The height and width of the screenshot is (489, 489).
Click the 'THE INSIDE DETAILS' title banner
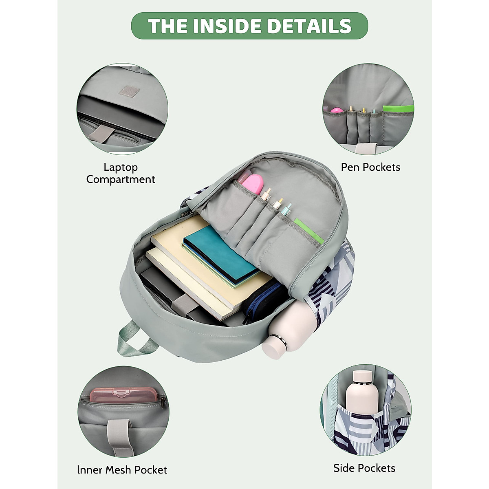(249, 26)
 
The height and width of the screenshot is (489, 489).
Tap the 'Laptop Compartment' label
(121, 173)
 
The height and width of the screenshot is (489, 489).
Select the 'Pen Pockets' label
(370, 167)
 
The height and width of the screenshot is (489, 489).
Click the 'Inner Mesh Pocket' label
(122, 469)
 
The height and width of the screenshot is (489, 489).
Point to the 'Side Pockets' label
(364, 468)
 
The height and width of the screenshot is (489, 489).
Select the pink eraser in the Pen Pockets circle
(337, 110)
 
